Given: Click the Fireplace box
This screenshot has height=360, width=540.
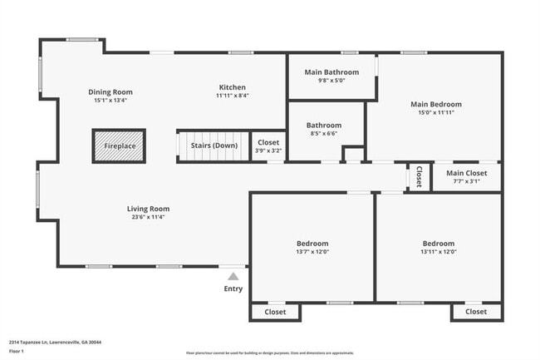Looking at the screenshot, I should point(119,145).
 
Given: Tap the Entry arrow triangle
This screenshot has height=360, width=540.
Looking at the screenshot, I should point(233,276).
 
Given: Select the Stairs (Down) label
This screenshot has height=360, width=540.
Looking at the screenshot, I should point(214,145).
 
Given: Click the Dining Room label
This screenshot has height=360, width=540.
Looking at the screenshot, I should point(110,92).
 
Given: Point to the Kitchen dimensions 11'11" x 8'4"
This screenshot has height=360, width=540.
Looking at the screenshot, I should point(233,96).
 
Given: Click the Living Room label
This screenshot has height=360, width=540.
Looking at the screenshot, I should point(148,209).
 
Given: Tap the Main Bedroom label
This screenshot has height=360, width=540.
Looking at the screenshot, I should point(435,104).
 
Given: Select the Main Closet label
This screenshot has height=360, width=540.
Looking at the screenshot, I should point(466,174).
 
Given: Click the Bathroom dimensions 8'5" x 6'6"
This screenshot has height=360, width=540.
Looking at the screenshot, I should point(323,134).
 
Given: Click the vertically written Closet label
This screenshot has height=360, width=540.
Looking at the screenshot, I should point(419,177).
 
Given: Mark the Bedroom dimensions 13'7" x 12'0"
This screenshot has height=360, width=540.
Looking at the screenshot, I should point(312,252).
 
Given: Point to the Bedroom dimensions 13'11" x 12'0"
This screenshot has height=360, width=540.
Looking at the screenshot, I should point(439,252).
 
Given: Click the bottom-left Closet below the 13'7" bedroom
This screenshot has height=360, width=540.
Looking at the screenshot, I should point(275,312).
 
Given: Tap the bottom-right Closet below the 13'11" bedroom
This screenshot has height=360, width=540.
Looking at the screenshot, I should point(476,312).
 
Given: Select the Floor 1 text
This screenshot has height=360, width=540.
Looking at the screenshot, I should point(17,350).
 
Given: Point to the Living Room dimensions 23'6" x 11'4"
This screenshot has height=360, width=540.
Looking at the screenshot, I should point(148,218).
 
